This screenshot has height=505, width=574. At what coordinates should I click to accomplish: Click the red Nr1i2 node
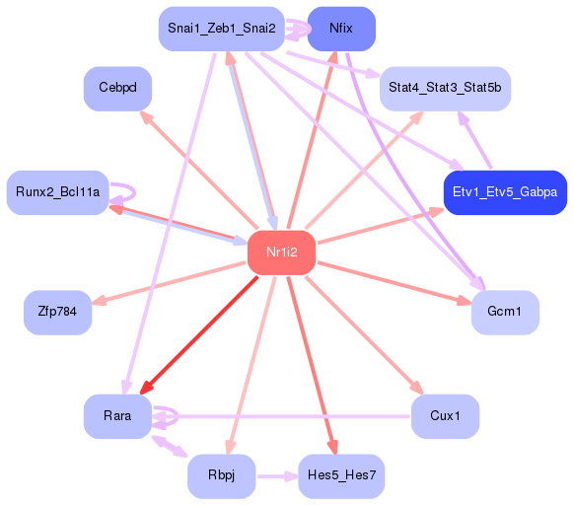(x=281, y=252)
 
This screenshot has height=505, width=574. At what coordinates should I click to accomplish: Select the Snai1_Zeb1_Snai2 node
(x=221, y=29)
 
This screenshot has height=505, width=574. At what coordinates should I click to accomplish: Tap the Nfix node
(x=341, y=29)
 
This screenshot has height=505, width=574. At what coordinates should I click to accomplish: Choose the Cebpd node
(x=117, y=89)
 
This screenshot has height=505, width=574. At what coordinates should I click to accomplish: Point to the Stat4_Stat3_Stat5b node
(x=445, y=89)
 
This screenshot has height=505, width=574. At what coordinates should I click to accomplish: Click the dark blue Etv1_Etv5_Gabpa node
(x=505, y=191)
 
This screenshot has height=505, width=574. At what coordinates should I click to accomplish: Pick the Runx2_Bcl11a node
(x=58, y=191)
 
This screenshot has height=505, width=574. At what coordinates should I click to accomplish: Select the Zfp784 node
(x=57, y=313)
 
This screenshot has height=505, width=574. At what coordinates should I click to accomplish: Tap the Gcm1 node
(x=505, y=313)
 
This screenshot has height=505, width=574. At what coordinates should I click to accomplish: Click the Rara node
(x=117, y=416)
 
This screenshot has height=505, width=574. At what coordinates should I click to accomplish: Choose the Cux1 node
(x=445, y=416)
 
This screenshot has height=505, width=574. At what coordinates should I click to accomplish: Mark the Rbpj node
(x=222, y=476)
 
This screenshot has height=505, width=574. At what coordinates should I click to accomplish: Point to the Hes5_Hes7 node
(x=341, y=476)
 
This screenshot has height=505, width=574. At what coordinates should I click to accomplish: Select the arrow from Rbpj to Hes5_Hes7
(x=276, y=476)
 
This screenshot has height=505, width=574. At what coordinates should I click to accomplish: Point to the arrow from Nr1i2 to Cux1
(x=365, y=336)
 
